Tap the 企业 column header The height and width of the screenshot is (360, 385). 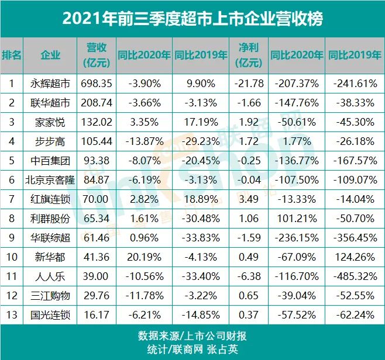coord(50,56)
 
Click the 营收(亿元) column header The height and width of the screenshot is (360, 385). coord(96,56)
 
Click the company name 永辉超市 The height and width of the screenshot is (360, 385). coord(50,84)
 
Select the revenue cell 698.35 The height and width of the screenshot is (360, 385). coord(96,84)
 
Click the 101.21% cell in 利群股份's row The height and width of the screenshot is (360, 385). coord(297,219)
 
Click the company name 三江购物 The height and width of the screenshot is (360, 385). coord(50,296)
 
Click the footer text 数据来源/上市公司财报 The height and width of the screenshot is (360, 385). coord(192,336)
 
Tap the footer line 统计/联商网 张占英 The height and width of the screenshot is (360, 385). coord(192,349)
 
